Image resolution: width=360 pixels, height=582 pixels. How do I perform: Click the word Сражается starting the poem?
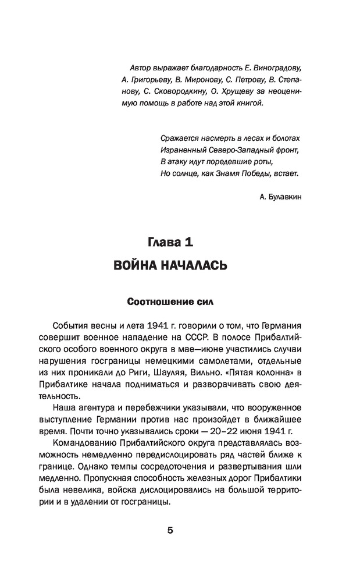click(x=177, y=138)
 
